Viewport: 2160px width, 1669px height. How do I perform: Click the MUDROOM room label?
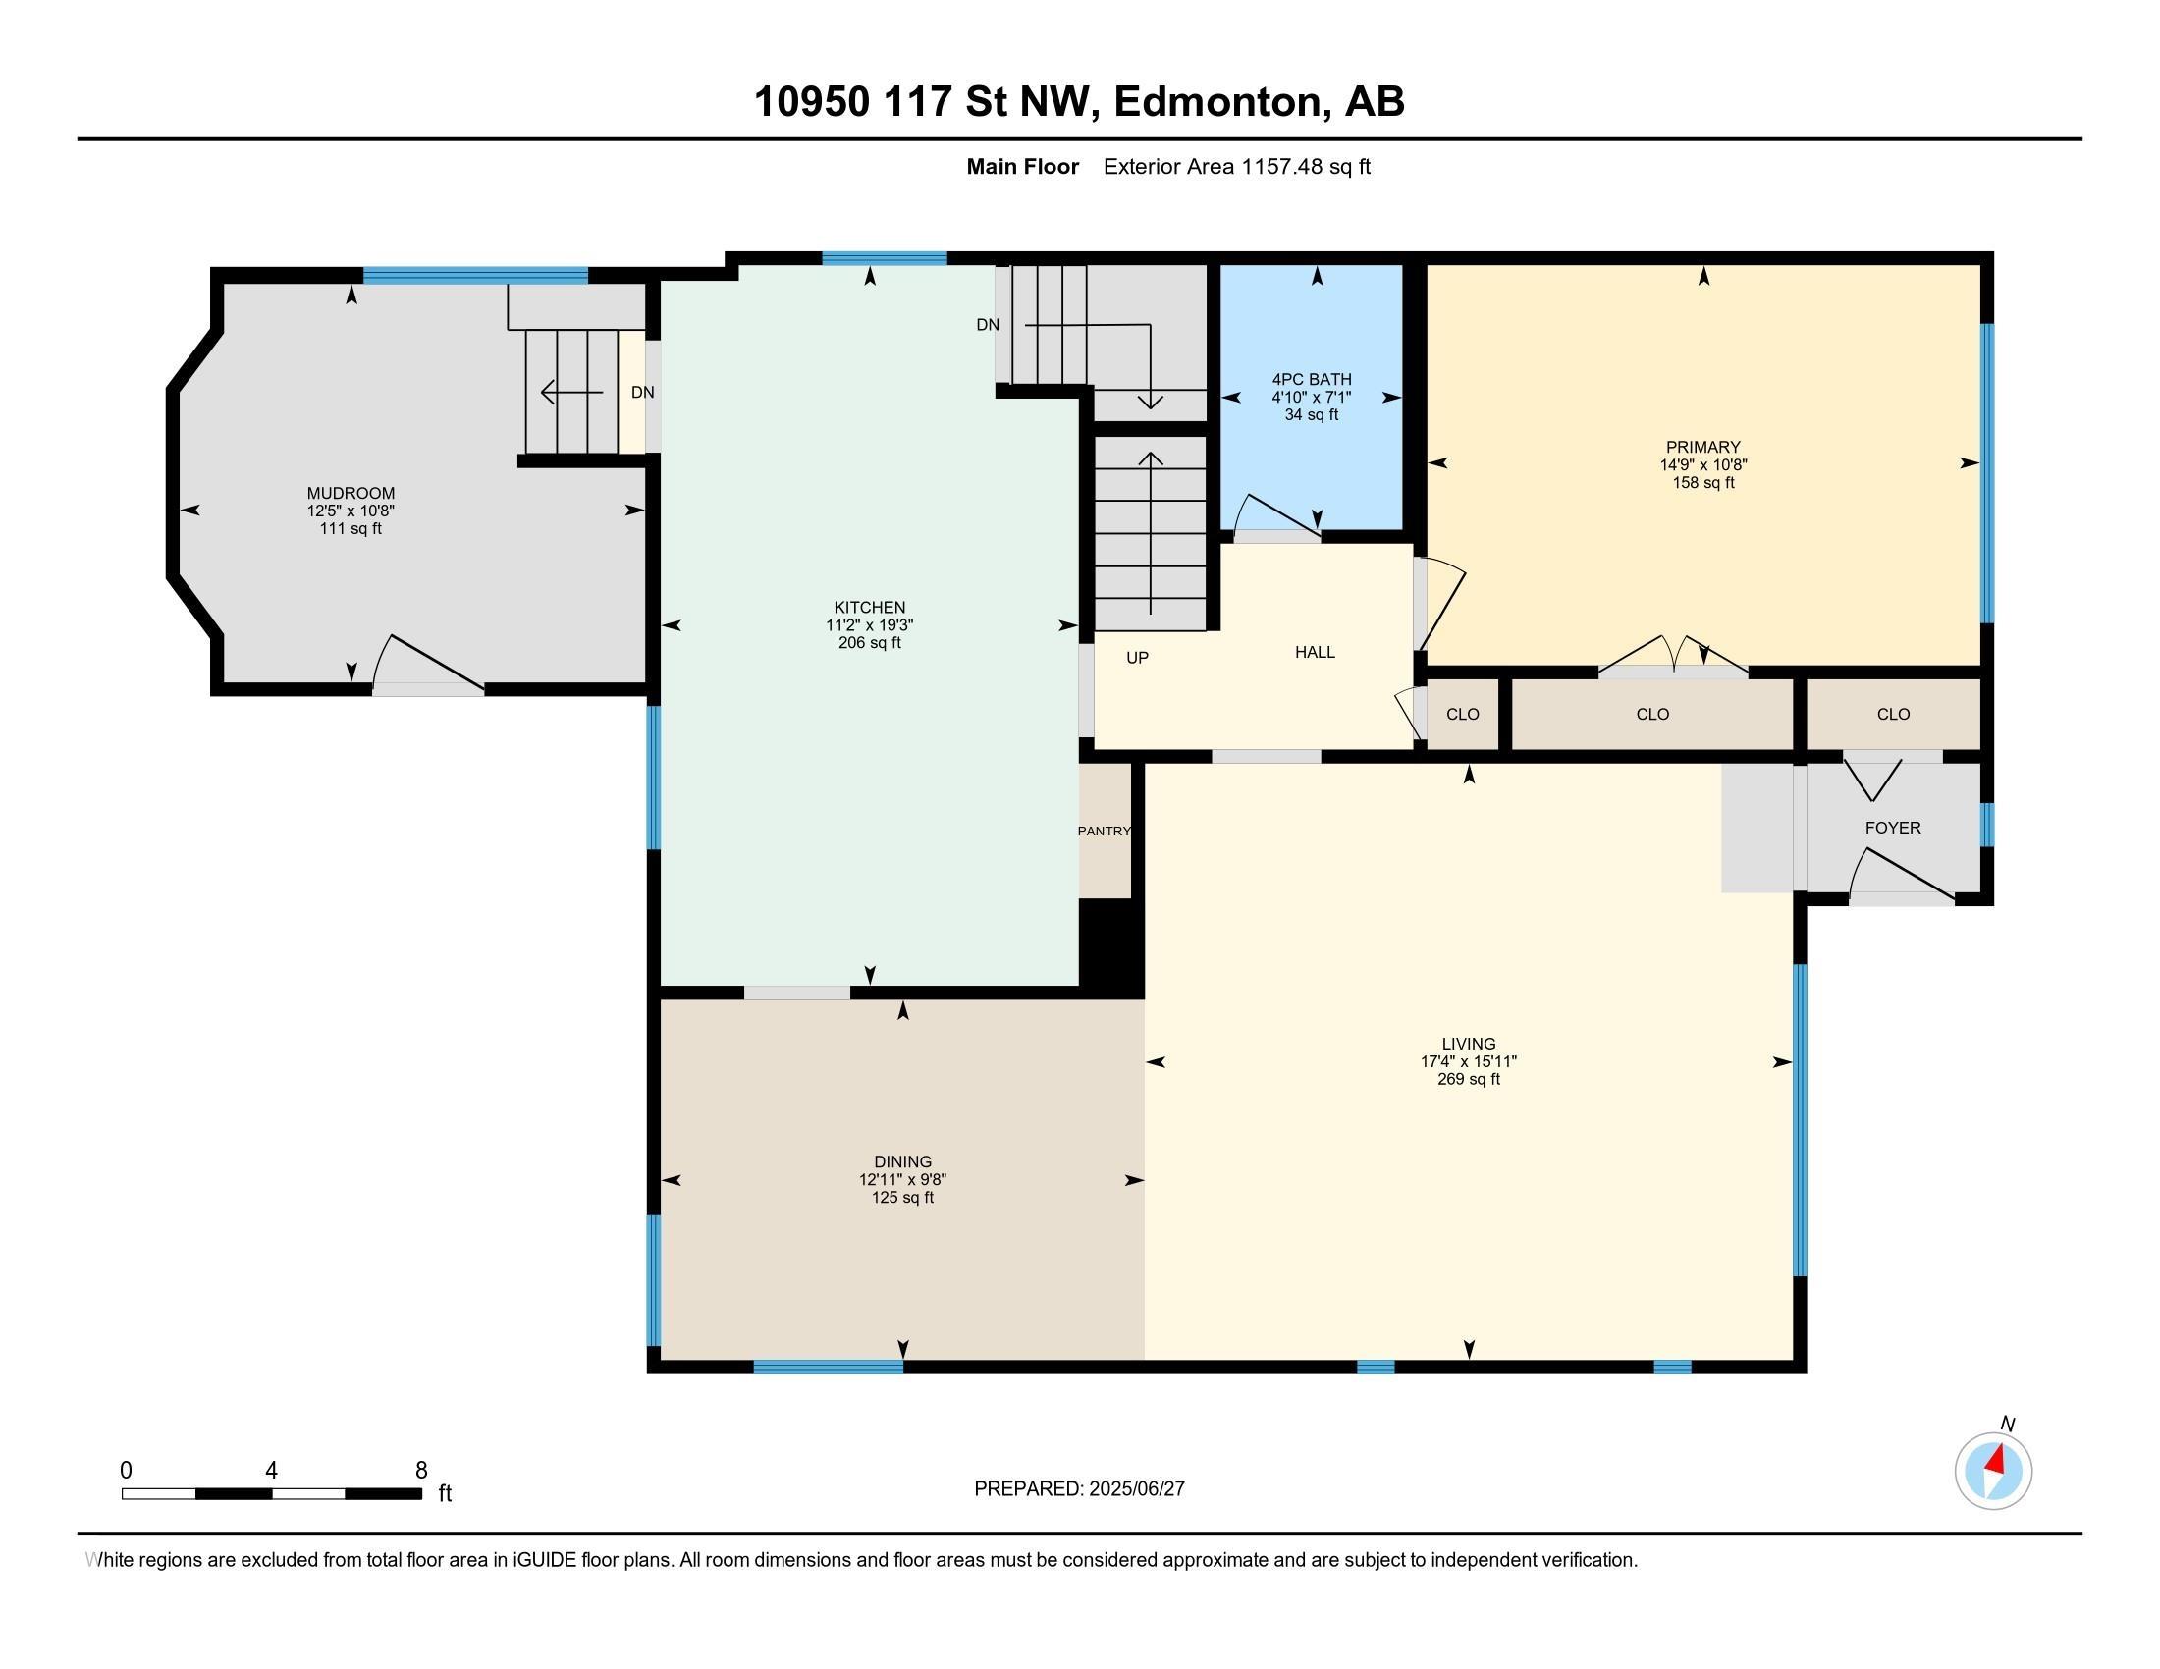coord(351,494)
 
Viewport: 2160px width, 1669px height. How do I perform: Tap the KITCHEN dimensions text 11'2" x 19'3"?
coord(869,624)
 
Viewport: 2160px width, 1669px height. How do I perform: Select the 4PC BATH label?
coord(1312,379)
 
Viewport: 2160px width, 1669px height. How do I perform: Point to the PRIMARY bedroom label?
coord(1702,447)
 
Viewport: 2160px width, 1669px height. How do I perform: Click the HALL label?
coord(1315,652)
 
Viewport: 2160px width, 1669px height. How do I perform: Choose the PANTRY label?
coord(1104,831)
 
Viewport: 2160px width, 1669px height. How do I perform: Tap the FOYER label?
coord(1893,828)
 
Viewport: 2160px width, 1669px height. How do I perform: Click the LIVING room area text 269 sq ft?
coord(1469,1079)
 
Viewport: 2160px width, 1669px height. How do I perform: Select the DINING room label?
coord(902,1161)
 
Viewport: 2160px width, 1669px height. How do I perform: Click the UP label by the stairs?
coord(1137,658)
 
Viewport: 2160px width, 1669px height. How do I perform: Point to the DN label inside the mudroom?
coord(643,392)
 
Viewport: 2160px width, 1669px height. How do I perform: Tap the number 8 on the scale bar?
coord(421,1470)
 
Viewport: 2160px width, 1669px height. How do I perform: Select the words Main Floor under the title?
coord(1023,166)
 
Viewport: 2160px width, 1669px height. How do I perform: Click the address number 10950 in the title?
coord(812,101)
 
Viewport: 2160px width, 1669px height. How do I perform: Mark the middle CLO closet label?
coord(1652,714)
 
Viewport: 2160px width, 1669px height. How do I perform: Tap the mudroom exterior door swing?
coord(428,662)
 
